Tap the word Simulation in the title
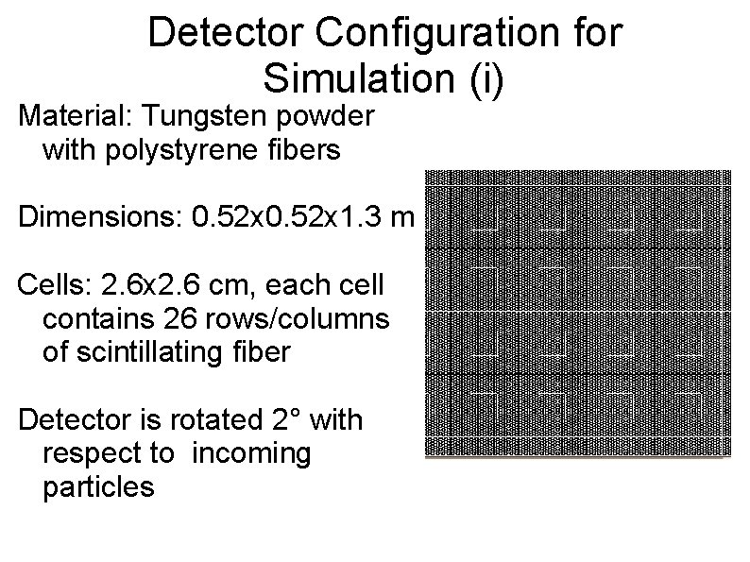pos(354,77)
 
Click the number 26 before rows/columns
pos(179,318)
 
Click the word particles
pos(98,487)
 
